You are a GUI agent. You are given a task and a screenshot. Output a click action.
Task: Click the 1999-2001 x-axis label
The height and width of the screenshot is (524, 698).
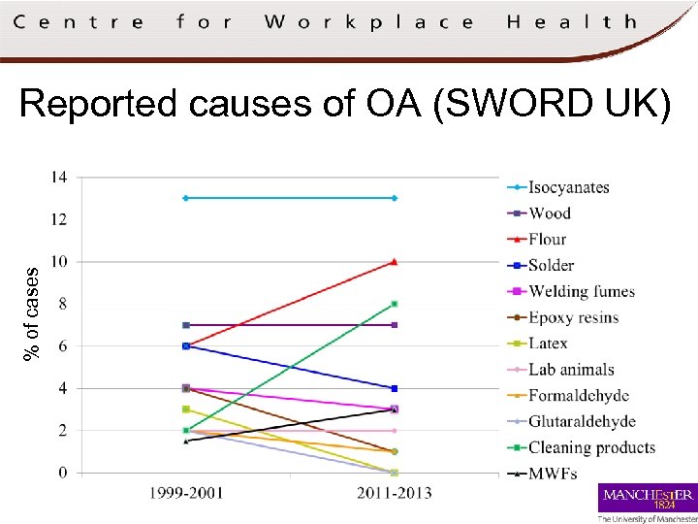(x=185, y=494)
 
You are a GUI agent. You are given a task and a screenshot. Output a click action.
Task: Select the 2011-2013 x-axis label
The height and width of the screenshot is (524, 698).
(x=394, y=494)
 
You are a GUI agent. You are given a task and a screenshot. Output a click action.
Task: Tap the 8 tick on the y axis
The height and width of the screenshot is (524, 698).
(x=62, y=304)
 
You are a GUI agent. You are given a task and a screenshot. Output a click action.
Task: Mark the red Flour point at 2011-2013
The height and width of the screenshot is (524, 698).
(x=394, y=261)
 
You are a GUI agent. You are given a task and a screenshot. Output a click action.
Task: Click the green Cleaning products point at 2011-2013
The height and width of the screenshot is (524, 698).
(x=394, y=304)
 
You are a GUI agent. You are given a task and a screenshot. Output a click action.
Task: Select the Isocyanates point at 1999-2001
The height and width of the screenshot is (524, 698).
(x=185, y=198)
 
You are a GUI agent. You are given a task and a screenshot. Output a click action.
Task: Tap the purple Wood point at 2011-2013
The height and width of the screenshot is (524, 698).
(x=394, y=325)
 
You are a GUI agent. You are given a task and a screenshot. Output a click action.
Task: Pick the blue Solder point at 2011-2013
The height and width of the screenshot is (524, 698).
(x=394, y=388)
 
